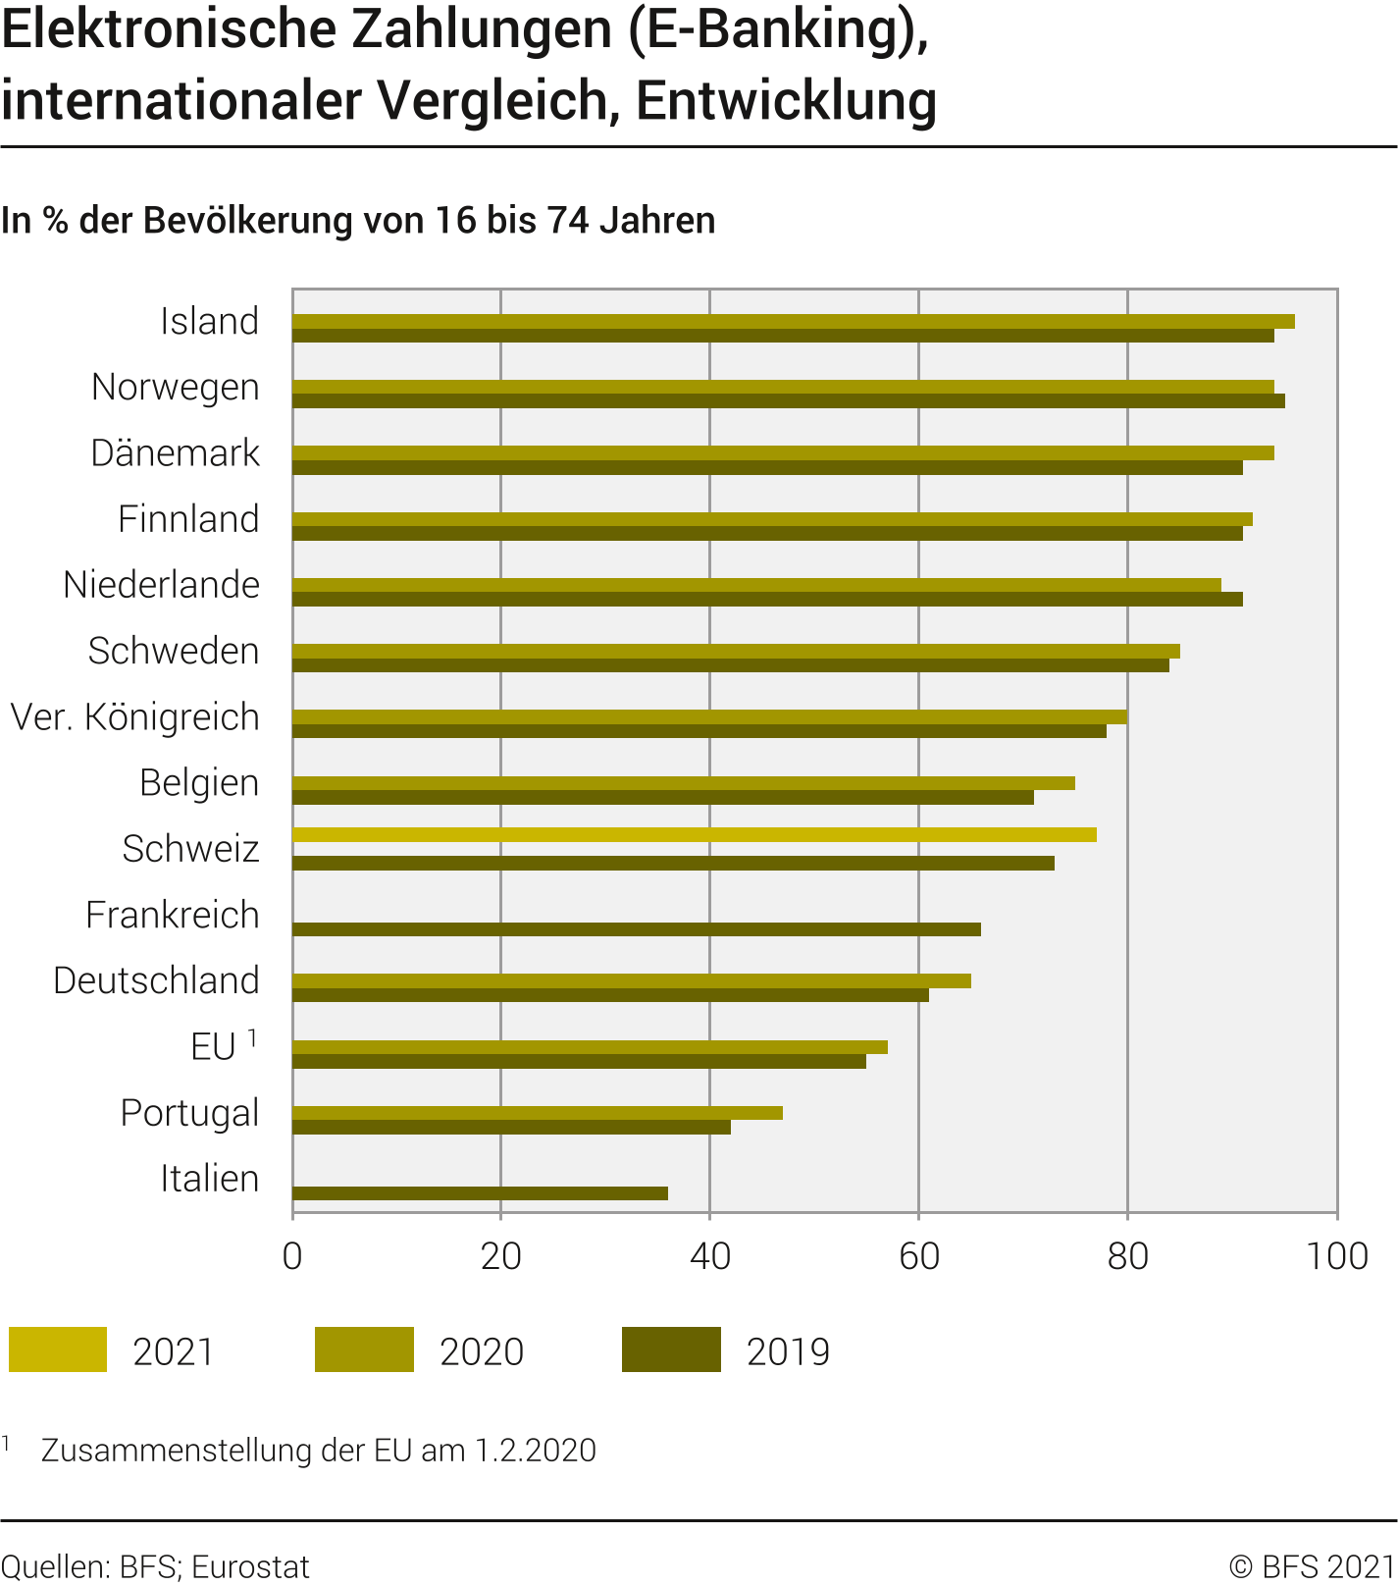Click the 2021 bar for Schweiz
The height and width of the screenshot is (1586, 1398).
pos(694,834)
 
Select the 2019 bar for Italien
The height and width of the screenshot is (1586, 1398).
pos(480,1193)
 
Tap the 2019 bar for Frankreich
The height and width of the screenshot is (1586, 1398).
pos(636,929)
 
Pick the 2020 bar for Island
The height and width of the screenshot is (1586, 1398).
pos(793,321)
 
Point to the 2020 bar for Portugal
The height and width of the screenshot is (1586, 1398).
pos(537,1112)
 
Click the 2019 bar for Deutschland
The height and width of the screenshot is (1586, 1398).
pos(610,995)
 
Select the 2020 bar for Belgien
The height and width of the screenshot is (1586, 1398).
pos(683,782)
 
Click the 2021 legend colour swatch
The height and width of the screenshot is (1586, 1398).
pos(58,1349)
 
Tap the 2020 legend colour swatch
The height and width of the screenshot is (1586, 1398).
pos(364,1349)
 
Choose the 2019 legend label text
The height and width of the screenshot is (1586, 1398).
pos(788,1351)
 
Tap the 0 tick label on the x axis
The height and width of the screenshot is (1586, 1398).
pos(292,1257)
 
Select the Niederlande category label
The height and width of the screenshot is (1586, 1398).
pos(162,585)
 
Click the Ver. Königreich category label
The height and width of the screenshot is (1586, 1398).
pos(135,717)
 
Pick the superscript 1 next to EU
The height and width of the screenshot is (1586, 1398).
pos(252,1037)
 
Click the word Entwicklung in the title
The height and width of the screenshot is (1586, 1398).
pos(786,100)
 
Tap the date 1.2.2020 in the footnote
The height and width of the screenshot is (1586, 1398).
pos(536,1451)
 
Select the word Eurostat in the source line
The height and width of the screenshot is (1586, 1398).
pos(250,1567)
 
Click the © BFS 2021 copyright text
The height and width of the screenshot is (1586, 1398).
pos(1312,1566)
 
